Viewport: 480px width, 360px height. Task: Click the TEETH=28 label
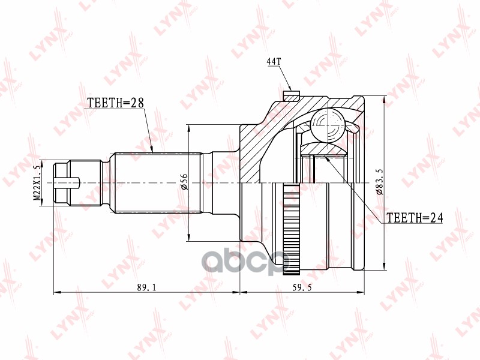point(116,103)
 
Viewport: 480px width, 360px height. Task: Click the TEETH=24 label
point(414,218)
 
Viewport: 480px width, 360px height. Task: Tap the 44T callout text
point(273,62)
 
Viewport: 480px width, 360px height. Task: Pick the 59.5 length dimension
point(302,287)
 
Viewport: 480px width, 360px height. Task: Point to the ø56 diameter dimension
point(184,182)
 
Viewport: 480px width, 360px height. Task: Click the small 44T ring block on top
point(291,95)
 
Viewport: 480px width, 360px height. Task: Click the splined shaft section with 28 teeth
point(156,182)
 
